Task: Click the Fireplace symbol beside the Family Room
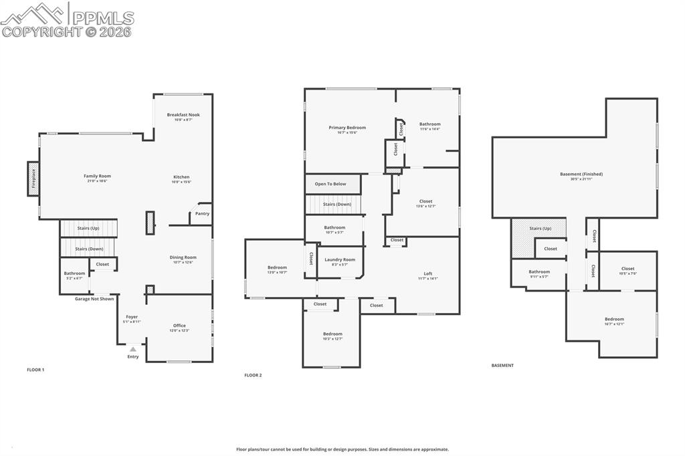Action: pos(32,179)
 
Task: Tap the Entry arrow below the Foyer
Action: pos(133,349)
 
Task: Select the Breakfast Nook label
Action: pos(183,114)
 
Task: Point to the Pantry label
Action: pos(202,214)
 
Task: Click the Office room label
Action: pos(179,326)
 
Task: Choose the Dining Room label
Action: pos(183,257)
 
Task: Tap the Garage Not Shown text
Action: pos(94,299)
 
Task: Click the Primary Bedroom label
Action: pos(347,127)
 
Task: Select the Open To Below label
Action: pos(330,184)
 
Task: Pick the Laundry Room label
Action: pos(340,259)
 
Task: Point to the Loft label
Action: pos(428,273)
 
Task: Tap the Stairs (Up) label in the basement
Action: pos(540,228)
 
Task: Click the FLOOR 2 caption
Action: pos(253,375)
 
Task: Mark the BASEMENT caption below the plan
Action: pos(502,365)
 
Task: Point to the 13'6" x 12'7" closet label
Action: pos(426,201)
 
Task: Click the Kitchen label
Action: pos(181,177)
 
